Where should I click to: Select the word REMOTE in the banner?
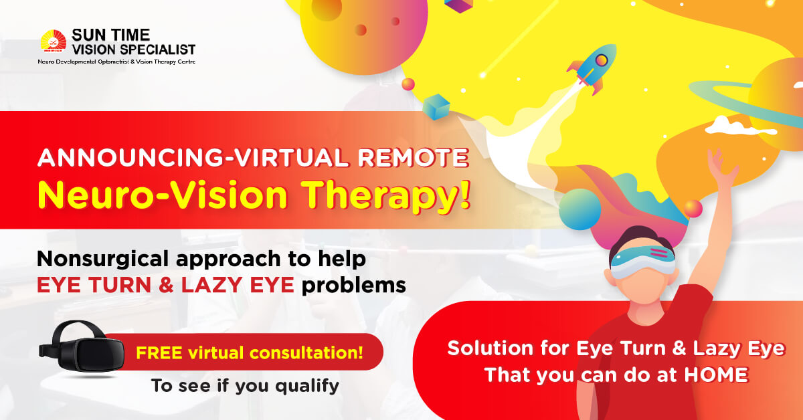pos(414,158)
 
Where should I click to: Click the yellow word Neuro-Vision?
pos(162,195)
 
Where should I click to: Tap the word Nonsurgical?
pos(102,259)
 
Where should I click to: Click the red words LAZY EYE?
pos(238,286)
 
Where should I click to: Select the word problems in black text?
pos(354,286)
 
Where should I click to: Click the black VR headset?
pos(82,347)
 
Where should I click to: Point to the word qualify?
pos(307,387)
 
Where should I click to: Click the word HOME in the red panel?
pos(716,375)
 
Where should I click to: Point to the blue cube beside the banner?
pos(436,107)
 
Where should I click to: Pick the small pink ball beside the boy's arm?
pos(693,209)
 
